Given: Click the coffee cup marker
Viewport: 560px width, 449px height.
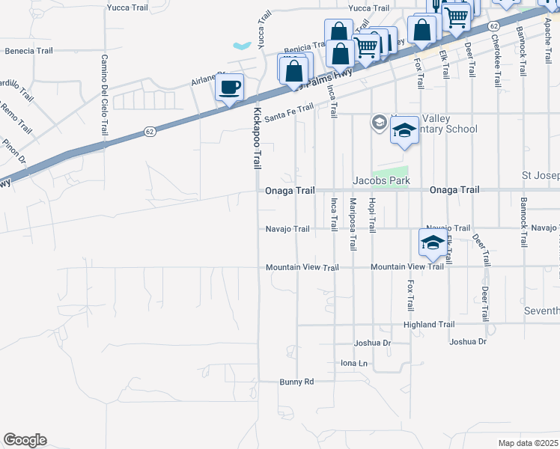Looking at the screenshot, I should tap(230, 87).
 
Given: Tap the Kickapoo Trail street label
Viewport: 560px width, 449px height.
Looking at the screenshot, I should tap(257, 138).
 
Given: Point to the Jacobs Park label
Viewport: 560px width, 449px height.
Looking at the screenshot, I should tap(382, 181).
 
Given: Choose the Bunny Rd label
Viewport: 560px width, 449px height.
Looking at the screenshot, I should tap(296, 382).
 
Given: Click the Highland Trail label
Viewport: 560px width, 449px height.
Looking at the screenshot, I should tap(429, 325).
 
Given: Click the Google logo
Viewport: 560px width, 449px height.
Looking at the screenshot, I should tap(25, 440).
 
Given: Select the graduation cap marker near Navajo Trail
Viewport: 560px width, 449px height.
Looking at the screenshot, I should tap(432, 242).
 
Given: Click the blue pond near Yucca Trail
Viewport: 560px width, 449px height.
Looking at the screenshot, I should tap(243, 46).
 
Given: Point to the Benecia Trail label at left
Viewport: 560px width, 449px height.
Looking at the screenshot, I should tap(29, 52).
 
